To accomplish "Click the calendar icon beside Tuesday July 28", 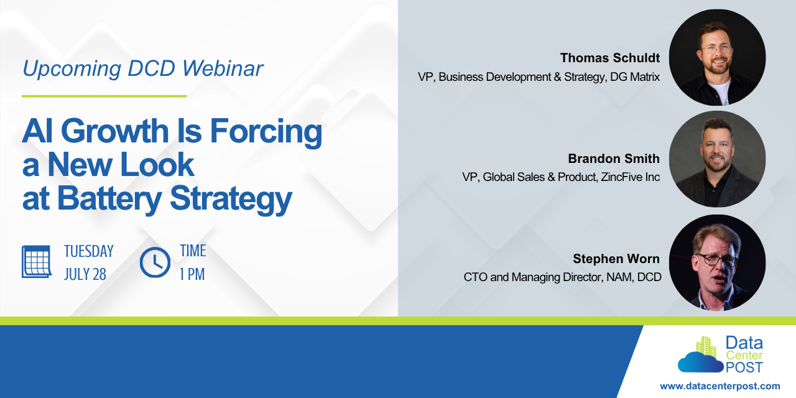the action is click(x=37, y=262).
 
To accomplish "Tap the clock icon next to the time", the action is click(x=155, y=262).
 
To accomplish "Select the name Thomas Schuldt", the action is click(x=610, y=58).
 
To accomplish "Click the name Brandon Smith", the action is click(x=614, y=159).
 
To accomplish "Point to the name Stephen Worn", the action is click(x=616, y=259).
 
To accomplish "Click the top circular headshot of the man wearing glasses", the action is click(x=717, y=58).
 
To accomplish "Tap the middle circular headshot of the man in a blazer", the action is click(x=717, y=159).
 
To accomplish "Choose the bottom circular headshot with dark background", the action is click(x=717, y=263).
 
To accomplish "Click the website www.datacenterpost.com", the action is click(x=720, y=386).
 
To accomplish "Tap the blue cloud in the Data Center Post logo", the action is click(x=700, y=362).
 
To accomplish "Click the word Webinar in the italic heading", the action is click(x=223, y=68).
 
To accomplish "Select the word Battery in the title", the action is click(x=109, y=199).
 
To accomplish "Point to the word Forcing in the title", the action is click(x=266, y=131).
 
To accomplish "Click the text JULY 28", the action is click(x=85, y=274).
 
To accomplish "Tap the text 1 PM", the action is click(x=192, y=274).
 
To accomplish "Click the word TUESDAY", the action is click(x=89, y=251).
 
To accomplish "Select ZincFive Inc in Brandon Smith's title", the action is click(x=631, y=177).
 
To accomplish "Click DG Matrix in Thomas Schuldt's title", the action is click(x=635, y=76).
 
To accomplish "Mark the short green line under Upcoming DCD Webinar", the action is click(x=104, y=96).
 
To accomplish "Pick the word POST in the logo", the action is click(x=744, y=368).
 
